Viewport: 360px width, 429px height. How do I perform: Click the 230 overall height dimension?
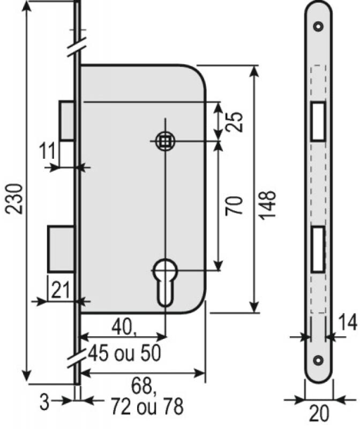coord(14,199)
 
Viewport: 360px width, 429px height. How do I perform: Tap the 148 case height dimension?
coord(267,205)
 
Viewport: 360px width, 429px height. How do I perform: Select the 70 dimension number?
coord(234,205)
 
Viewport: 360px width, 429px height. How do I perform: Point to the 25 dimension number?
coord(234,122)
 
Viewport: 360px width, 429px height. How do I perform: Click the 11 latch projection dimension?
coord(47,150)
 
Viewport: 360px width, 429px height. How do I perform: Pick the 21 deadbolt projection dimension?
coord(61,290)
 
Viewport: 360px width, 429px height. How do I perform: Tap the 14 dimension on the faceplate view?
coord(348,323)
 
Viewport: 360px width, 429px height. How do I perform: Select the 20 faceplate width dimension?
coord(319,413)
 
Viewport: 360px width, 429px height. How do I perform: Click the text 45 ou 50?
coord(125,353)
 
